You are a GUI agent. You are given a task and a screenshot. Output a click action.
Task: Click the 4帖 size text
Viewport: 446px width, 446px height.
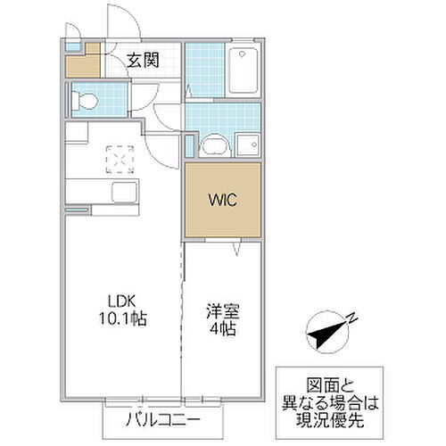coord(223,330)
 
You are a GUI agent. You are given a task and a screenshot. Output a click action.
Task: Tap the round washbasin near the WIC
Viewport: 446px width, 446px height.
coord(214,145)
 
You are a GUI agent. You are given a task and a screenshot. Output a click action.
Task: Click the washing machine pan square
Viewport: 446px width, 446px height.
coord(246,143)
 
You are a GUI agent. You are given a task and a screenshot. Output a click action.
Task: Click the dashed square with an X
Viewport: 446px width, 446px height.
coord(119,159)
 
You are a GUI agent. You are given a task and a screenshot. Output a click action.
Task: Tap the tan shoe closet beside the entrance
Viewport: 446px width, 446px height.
coord(82,63)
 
